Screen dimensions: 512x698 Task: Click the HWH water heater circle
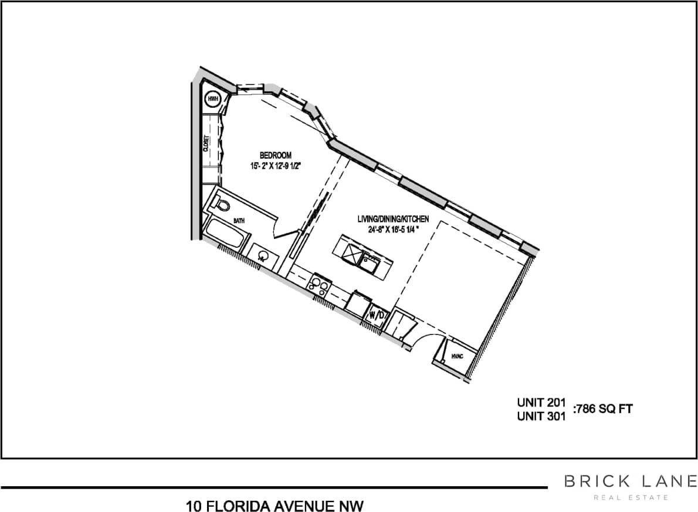click(x=212, y=99)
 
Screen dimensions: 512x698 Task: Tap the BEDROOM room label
click(x=276, y=155)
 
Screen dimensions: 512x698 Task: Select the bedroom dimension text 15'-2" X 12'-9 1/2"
click(x=275, y=166)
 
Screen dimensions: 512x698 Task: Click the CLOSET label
click(x=206, y=144)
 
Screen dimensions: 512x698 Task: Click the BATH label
click(x=239, y=221)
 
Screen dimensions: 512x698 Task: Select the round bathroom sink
click(x=263, y=256)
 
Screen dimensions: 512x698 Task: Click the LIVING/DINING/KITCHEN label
click(x=393, y=219)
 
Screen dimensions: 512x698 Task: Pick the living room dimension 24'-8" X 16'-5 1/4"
click(x=393, y=229)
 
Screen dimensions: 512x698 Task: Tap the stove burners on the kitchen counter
click(x=320, y=284)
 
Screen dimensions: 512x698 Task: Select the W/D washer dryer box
click(x=376, y=315)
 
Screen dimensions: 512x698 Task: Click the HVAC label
click(x=457, y=356)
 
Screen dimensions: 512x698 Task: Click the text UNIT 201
click(x=541, y=403)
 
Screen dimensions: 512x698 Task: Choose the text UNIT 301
click(x=541, y=417)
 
